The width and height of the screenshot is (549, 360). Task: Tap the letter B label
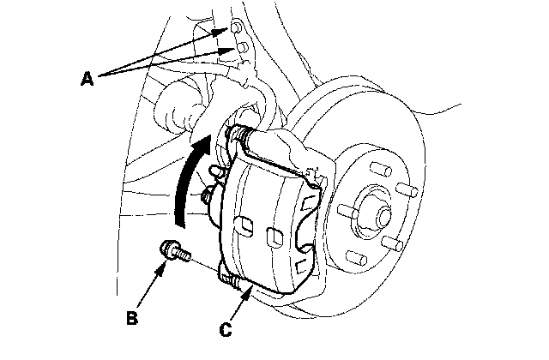[131, 318]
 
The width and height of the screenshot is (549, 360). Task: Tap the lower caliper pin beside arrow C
[230, 276]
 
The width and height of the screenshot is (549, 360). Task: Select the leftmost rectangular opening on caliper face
[243, 226]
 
